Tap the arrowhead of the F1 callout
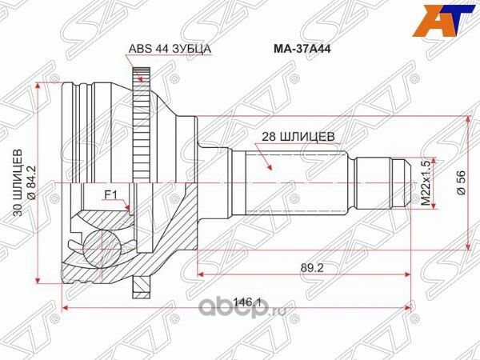(x=130, y=209)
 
